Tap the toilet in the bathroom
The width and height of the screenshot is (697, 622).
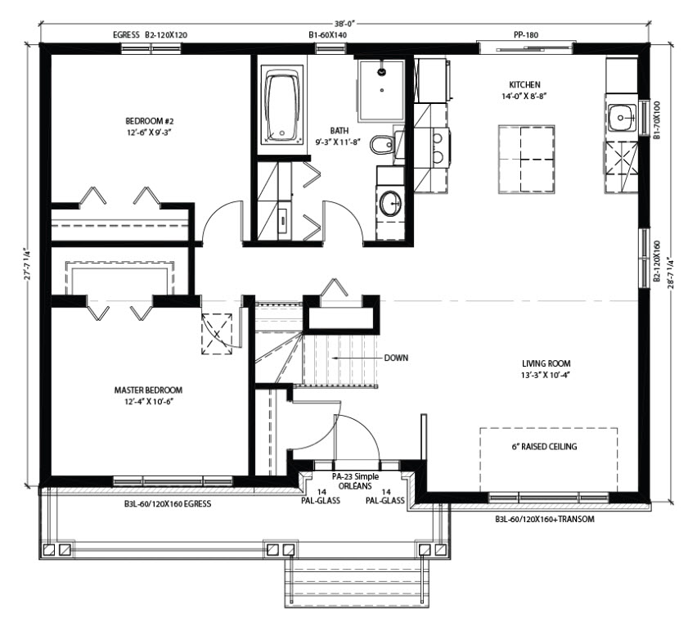tap(383, 143)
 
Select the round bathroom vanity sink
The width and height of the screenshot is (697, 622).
tap(390, 203)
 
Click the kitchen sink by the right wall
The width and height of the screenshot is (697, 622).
tap(621, 117)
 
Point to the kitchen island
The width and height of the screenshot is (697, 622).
tap(526, 159)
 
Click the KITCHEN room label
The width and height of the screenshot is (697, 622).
tap(524, 84)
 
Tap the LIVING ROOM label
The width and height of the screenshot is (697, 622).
tap(546, 363)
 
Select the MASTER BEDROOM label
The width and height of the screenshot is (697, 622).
tap(148, 390)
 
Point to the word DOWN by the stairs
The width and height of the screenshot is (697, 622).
tap(396, 358)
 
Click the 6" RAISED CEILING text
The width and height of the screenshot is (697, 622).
tap(544, 446)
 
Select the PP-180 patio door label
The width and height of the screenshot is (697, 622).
tap(526, 34)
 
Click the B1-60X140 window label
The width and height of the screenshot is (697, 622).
tap(327, 34)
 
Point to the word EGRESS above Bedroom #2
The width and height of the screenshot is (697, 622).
tap(126, 34)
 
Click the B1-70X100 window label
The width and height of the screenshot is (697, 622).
tap(657, 120)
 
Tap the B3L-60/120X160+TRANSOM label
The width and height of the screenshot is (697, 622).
tap(545, 519)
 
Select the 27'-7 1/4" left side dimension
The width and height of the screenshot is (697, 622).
tap(28, 264)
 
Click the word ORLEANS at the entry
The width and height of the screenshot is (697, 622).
tap(355, 486)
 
